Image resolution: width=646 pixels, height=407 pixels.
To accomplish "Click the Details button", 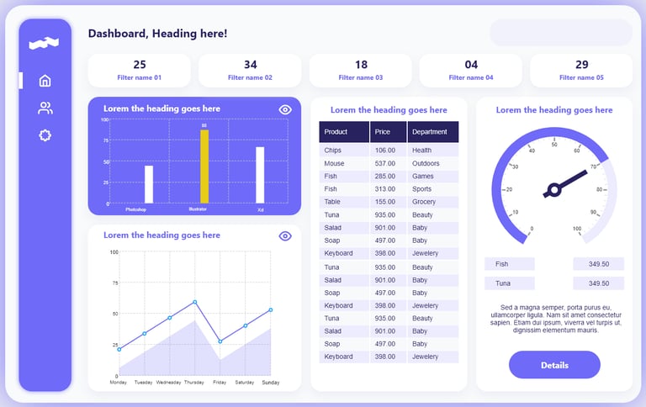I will pyautogui.click(x=554, y=365).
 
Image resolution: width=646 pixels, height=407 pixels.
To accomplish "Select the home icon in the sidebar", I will pyautogui.click(x=45, y=81).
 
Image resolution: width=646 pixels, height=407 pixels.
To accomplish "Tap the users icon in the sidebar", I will pyautogui.click(x=45, y=108).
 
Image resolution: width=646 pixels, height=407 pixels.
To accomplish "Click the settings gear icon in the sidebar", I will pyautogui.click(x=45, y=135).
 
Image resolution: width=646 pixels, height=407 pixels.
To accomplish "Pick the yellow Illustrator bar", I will pyautogui.click(x=204, y=166).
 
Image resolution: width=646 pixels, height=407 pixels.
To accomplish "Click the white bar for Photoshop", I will pyautogui.click(x=149, y=184).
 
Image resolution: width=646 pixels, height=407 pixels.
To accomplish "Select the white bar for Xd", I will pyautogui.click(x=260, y=175).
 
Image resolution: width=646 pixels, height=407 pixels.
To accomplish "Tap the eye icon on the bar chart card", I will pyautogui.click(x=285, y=109).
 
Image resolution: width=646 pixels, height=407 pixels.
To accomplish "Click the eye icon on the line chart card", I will pyautogui.click(x=285, y=235).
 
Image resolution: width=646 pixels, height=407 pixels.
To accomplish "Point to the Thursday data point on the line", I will pyautogui.click(x=195, y=302).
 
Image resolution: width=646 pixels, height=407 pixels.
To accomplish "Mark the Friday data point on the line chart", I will pyautogui.click(x=220, y=341).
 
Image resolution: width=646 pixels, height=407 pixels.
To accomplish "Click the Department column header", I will pyautogui.click(x=432, y=132).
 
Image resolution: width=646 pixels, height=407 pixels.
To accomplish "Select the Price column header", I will pyautogui.click(x=388, y=132).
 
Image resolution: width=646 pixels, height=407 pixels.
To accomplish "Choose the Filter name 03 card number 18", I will pyautogui.click(x=361, y=65).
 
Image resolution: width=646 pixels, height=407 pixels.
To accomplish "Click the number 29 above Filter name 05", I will pyautogui.click(x=582, y=65).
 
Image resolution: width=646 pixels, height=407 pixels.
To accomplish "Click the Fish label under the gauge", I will pyautogui.click(x=509, y=264).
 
